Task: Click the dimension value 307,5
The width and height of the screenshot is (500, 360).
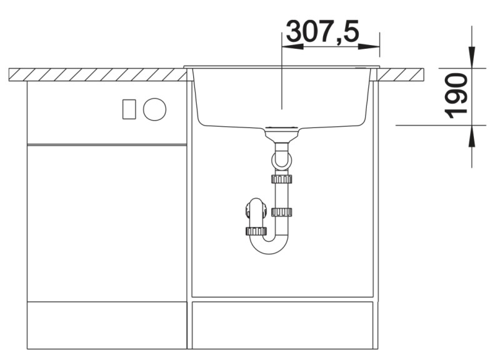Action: (x=322, y=31)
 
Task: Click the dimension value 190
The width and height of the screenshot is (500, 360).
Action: (x=456, y=96)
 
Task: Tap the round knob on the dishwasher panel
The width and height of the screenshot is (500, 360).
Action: (x=154, y=109)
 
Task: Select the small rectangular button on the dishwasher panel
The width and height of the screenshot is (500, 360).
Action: (x=129, y=109)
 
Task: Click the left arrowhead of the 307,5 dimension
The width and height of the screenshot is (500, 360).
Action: (x=292, y=46)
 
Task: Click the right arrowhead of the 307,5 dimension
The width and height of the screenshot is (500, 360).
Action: (x=369, y=46)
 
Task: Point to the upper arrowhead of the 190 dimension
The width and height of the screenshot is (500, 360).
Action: (x=472, y=57)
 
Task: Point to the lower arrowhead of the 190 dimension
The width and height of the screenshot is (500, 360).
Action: (x=472, y=136)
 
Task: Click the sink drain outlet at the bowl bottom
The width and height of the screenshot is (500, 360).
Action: (x=282, y=127)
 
